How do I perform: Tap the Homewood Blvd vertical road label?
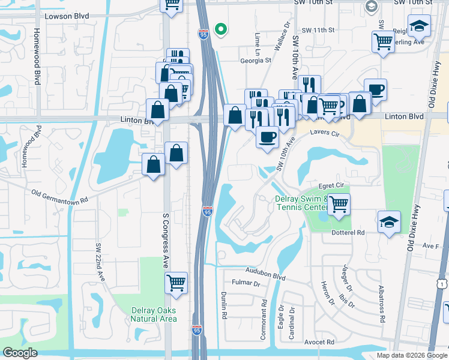pos(37,56)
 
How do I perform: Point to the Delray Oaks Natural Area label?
pos(154,314)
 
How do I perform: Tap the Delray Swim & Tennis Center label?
pos(300,203)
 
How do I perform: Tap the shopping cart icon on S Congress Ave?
pos(176,281)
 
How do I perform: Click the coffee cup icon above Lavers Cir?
pos(267,137)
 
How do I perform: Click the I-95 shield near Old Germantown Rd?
pos(208,211)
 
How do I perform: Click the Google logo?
pos(20,353)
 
